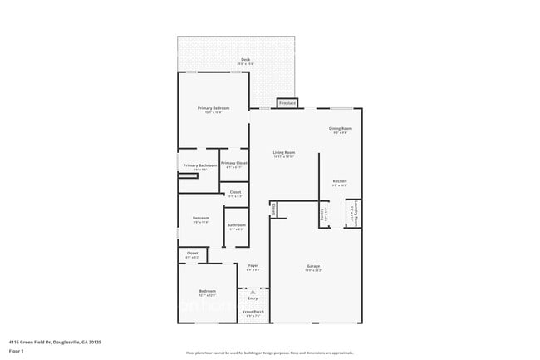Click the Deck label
[x=245, y=60]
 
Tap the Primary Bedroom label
[x=214, y=110]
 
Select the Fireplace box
[x=287, y=103]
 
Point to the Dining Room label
[x=341, y=129]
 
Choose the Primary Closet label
[x=234, y=164]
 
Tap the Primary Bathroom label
[x=200, y=166]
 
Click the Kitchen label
[x=340, y=182]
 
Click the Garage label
[x=313, y=267]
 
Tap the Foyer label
[x=253, y=266]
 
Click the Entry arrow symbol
[x=253, y=292]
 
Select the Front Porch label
[x=253, y=313]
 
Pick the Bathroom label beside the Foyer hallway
[x=237, y=226]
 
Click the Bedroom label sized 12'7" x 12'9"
[x=207, y=292]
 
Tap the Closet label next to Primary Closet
[x=236, y=194]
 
